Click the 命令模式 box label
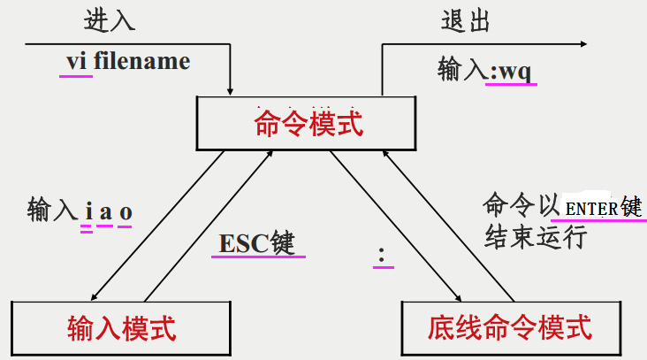(308, 123)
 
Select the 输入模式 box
(121, 328)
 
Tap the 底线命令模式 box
(511, 328)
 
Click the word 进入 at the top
(110, 20)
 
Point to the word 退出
(466, 20)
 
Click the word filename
(142, 62)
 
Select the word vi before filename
(76, 62)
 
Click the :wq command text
(510, 72)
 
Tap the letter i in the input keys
(88, 211)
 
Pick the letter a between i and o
(105, 212)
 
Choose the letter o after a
(126, 213)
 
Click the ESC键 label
(256, 243)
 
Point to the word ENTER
(591, 209)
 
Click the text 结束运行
(535, 237)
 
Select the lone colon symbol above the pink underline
(382, 255)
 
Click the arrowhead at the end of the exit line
(583, 43)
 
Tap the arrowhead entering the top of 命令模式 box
(230, 92)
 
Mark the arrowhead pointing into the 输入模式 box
(94, 297)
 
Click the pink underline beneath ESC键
(258, 257)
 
